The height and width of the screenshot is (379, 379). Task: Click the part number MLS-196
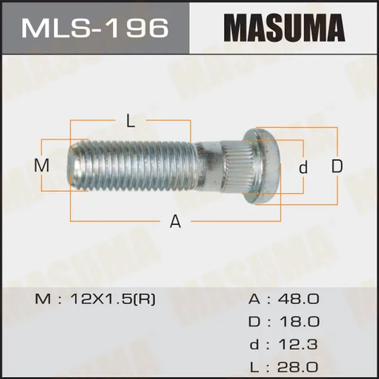[95, 28]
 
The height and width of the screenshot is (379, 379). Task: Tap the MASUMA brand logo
[284, 28]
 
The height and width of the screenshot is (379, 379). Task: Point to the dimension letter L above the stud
[131, 121]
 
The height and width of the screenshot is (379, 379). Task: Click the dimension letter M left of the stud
[42, 165]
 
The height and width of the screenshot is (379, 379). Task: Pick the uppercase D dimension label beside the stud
[337, 166]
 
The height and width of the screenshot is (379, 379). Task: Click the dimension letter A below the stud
[175, 222]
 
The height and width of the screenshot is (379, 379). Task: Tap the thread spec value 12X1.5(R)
[112, 299]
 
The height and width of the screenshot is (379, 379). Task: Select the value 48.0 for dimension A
[299, 299]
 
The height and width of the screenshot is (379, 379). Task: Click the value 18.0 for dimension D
[299, 322]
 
